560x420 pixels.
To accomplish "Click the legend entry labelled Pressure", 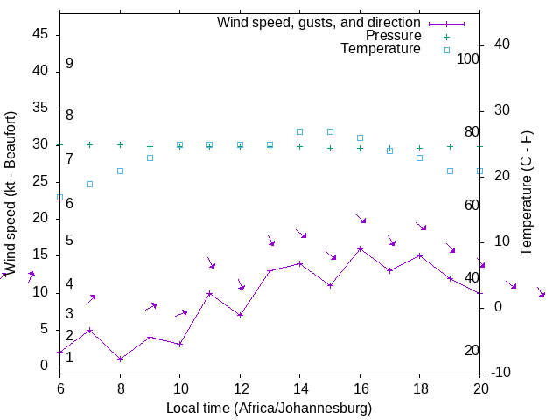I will tap(393, 36).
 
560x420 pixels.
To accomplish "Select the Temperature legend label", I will tap(381, 50).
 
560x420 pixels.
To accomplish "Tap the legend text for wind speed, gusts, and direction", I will tap(319, 22).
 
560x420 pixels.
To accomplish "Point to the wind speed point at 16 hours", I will tap(360, 249).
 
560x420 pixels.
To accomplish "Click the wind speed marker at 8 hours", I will tap(120, 359).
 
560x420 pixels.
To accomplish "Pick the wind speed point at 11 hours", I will tap(210, 293).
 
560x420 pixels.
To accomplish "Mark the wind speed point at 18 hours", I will tap(420, 255).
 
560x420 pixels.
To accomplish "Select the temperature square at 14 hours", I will tap(300, 131).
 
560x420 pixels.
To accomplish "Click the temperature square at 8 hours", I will tap(120, 171).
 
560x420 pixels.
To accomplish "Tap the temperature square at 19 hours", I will tap(450, 171).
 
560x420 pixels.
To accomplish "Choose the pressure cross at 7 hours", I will tap(89, 144).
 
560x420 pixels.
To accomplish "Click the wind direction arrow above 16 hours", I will tap(360, 219).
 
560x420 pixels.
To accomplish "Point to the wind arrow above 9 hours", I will tap(150, 306).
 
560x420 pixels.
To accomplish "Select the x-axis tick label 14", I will tap(299, 388).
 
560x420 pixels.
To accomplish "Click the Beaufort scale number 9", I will tap(69, 64).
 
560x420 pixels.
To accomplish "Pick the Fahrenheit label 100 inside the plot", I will tap(468, 59).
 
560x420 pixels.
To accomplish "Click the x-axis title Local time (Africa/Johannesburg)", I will tap(269, 408).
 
